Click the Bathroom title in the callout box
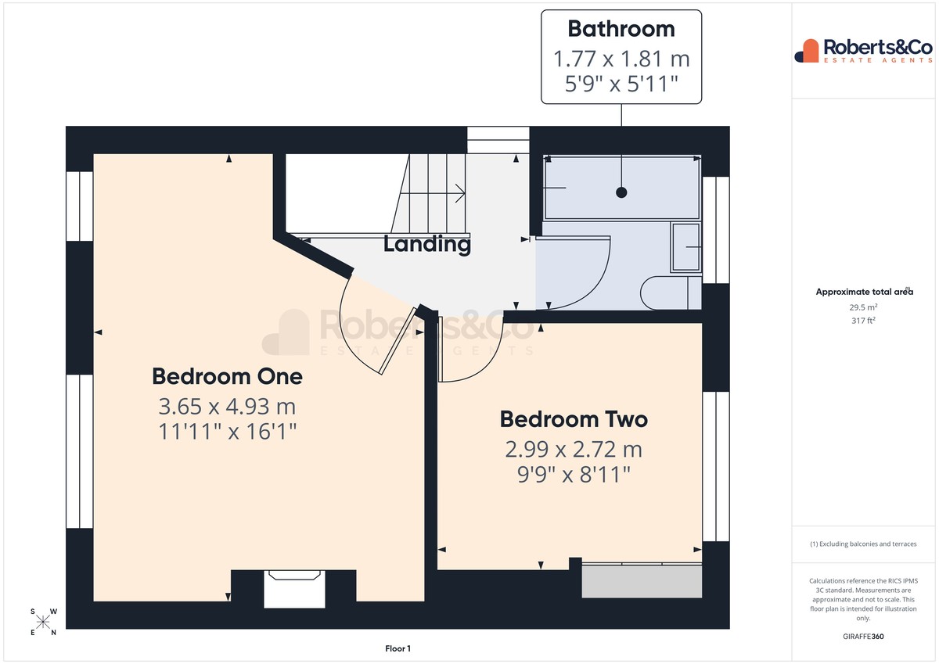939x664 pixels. coord(621,29)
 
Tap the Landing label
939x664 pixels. coord(427,244)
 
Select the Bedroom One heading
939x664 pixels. coord(227,376)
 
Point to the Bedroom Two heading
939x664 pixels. coord(574,419)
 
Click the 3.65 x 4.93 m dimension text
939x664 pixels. coord(227,407)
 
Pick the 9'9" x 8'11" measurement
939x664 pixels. coord(574,475)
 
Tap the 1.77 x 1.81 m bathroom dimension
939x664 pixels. coord(621,59)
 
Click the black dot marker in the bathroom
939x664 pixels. coord(621,192)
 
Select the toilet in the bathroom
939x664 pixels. coord(671,293)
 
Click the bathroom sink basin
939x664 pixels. coord(685,247)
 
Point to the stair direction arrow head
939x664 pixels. coord(461,193)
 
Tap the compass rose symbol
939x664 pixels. coord(43,622)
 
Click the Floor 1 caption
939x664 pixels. coord(398,648)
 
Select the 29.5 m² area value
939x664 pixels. coord(863,307)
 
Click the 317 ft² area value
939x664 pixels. coord(863,321)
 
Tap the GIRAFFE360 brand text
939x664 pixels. coord(863,637)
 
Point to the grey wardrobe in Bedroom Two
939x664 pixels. coord(642,581)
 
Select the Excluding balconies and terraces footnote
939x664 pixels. coord(863,544)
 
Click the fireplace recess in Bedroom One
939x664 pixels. coord(294,589)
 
